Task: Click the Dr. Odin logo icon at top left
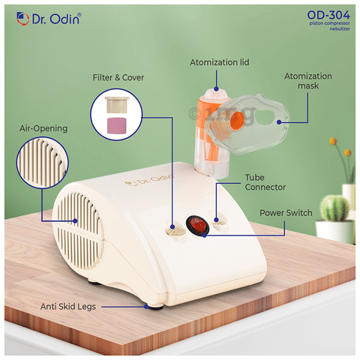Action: point(22,19)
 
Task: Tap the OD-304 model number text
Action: point(328,15)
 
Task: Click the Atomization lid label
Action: point(220,62)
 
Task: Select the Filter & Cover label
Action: point(118,77)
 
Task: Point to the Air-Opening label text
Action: point(43,128)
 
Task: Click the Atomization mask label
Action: point(308,81)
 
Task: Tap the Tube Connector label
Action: point(265,182)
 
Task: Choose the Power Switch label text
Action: point(286,213)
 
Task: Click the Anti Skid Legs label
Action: point(68,307)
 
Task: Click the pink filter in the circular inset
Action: point(116,125)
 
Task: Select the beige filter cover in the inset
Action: point(117,105)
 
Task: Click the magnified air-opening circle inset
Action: point(43,163)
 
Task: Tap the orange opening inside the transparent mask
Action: point(236,120)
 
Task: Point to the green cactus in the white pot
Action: point(334,208)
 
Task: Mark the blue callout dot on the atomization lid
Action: point(216,88)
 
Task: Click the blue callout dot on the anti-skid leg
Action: point(146,307)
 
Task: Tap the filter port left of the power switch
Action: point(175,229)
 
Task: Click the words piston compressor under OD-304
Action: point(329,23)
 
